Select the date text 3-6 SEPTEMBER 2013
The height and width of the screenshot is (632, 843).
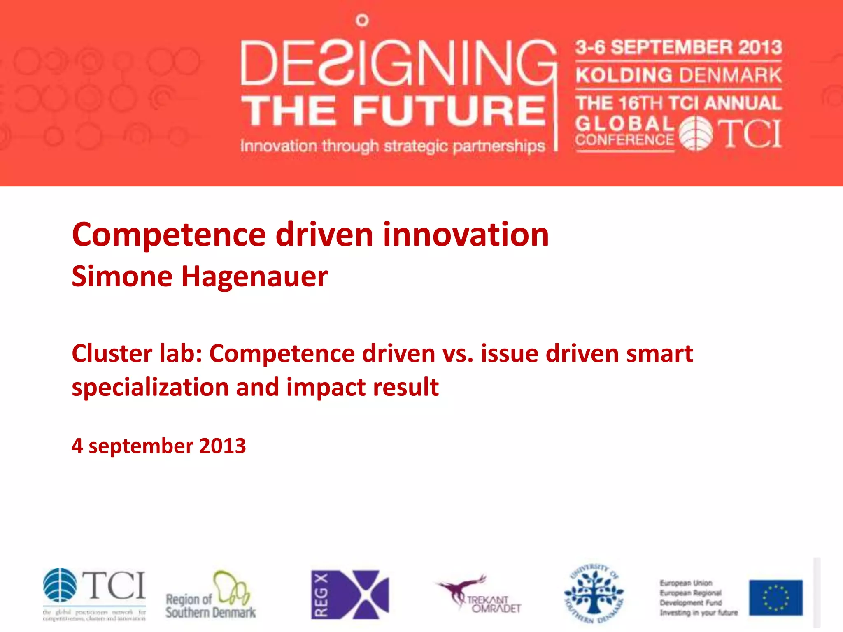[678, 47]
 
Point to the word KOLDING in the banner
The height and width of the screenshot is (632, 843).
[624, 75]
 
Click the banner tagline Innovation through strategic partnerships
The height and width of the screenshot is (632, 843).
[393, 146]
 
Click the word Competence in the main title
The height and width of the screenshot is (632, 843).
[169, 235]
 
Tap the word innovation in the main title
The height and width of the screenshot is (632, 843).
[466, 235]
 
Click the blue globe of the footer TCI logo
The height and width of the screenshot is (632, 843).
[60, 585]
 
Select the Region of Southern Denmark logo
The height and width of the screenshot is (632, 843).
[211, 595]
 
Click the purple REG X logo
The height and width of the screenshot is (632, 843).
[350, 595]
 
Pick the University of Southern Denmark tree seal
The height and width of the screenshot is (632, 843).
[594, 594]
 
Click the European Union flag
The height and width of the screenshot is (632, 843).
[775, 597]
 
